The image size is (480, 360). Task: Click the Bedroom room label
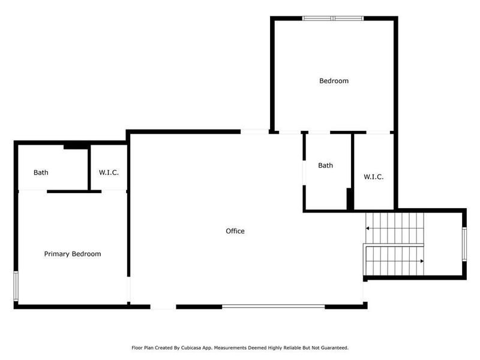click(x=334, y=80)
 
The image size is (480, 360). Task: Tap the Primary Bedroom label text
click(x=73, y=254)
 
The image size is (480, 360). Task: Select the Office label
click(x=235, y=231)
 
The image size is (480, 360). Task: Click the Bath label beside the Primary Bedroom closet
click(x=41, y=173)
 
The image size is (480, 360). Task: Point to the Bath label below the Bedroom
click(x=325, y=166)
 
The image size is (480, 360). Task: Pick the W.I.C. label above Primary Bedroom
click(x=109, y=173)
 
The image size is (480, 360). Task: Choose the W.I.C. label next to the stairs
click(x=373, y=177)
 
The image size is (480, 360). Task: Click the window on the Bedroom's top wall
click(x=333, y=19)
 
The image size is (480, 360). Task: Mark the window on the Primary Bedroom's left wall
click(x=16, y=287)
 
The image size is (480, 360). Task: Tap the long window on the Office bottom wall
click(x=273, y=306)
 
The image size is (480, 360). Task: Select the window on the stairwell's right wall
click(x=464, y=244)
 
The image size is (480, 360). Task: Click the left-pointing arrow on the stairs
click(x=368, y=229)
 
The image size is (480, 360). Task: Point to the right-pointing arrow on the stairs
click(x=421, y=261)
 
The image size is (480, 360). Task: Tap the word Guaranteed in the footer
click(x=334, y=347)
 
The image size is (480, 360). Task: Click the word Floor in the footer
click(x=137, y=347)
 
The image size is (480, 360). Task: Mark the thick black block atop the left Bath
click(x=76, y=145)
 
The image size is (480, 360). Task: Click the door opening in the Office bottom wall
click(x=163, y=306)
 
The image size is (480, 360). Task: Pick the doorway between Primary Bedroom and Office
click(x=129, y=289)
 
